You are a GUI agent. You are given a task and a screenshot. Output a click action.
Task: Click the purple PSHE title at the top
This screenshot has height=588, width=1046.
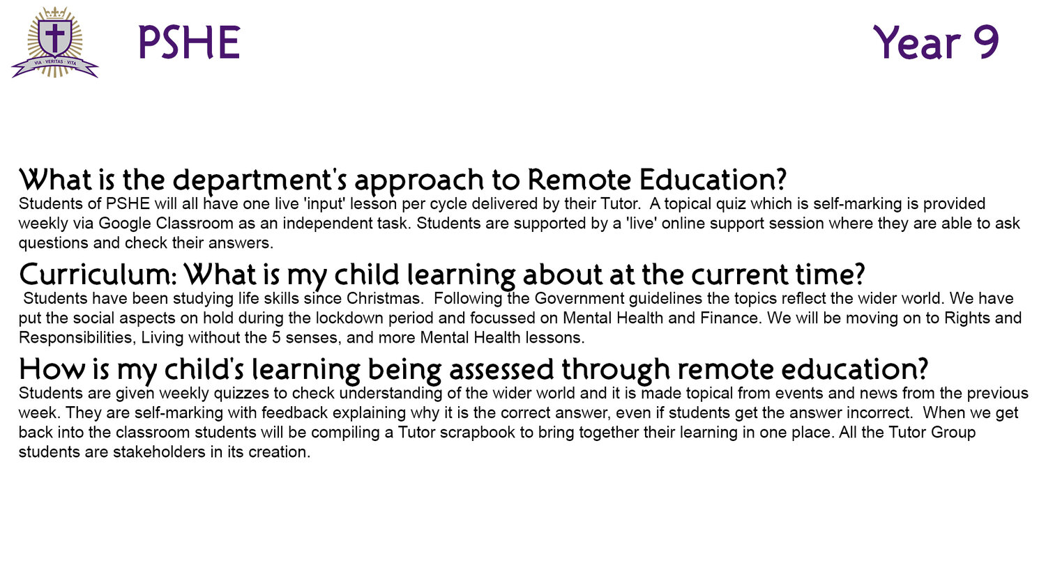[x=189, y=42]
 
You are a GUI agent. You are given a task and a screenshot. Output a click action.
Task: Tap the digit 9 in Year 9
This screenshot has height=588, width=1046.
[x=986, y=42]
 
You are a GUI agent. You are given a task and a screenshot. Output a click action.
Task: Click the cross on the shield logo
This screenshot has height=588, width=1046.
[x=55, y=38]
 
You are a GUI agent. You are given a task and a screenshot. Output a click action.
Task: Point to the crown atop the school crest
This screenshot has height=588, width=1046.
[x=55, y=13]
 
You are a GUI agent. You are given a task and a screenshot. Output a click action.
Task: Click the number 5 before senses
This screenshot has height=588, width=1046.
[x=276, y=337]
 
